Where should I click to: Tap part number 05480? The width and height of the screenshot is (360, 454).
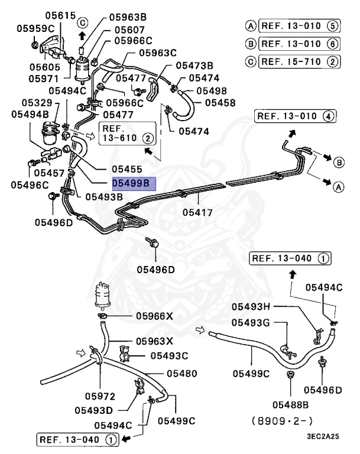click(x=181, y=374)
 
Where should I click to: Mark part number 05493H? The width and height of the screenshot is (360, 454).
click(x=251, y=306)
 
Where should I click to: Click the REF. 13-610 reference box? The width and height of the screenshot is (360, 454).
click(x=128, y=133)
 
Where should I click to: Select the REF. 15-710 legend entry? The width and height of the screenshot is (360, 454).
click(x=292, y=61)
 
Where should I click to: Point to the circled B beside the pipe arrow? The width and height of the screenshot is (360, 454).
click(x=339, y=163)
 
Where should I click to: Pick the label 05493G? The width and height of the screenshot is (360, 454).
click(x=251, y=322)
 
